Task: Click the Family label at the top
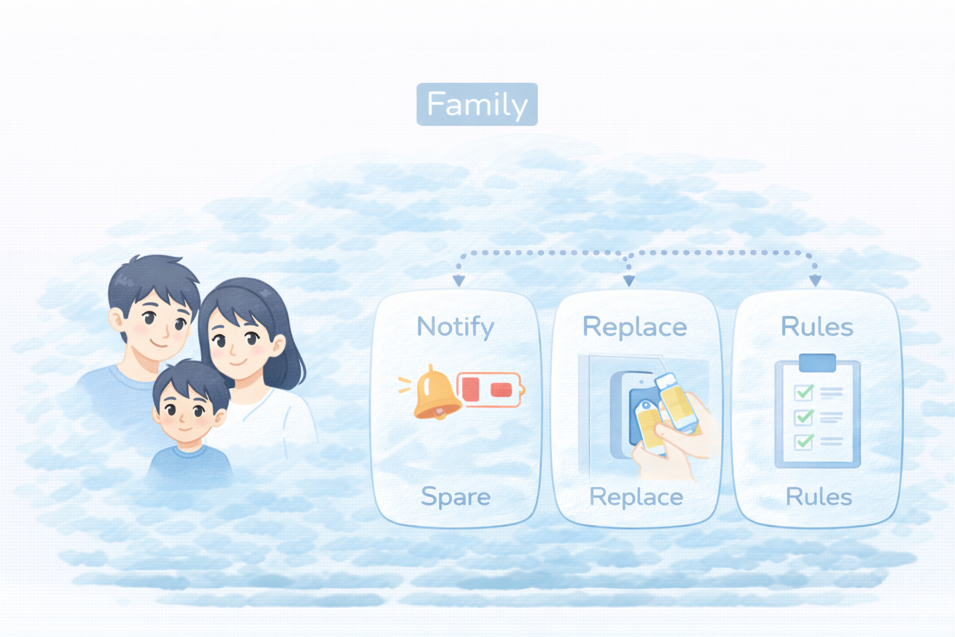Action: click(x=477, y=104)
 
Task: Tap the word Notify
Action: click(x=455, y=327)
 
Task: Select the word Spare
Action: click(x=455, y=496)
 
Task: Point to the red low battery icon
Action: click(x=490, y=389)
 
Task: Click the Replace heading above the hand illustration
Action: click(x=634, y=327)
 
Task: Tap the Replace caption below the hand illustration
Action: click(x=635, y=496)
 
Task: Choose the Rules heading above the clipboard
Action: click(x=816, y=327)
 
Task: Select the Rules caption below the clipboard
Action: click(x=818, y=496)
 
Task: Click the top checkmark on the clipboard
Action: click(x=804, y=393)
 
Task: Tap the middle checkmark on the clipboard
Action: click(x=804, y=417)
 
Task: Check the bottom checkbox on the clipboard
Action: click(x=804, y=442)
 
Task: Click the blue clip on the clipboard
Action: click(x=817, y=362)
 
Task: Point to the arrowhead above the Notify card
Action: click(x=459, y=281)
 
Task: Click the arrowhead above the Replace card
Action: click(x=629, y=281)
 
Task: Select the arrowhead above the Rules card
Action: click(x=815, y=281)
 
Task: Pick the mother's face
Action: click(x=236, y=345)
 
